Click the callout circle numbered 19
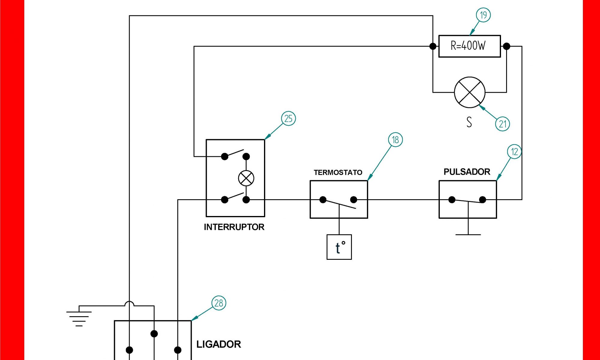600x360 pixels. (x=483, y=15)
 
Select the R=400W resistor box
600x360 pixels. (x=469, y=46)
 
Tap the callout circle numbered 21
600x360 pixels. (x=502, y=124)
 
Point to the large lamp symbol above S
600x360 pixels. (x=469, y=92)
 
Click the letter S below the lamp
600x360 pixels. (x=469, y=122)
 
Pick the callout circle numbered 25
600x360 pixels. (x=288, y=118)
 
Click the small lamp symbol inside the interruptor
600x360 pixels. (x=246, y=178)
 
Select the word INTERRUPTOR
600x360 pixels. (x=234, y=227)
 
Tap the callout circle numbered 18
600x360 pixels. (x=395, y=140)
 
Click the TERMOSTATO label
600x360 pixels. (x=338, y=172)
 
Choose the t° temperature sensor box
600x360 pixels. (x=339, y=247)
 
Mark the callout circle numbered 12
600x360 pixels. (x=514, y=152)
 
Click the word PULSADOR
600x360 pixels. (x=467, y=172)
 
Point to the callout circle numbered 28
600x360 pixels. (x=219, y=303)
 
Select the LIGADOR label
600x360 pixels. (x=218, y=344)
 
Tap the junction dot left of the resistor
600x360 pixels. (x=433, y=46)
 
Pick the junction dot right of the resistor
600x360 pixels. (x=506, y=46)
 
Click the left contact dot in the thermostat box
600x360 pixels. (x=323, y=199)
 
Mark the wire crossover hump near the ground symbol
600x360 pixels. (x=129, y=303)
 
